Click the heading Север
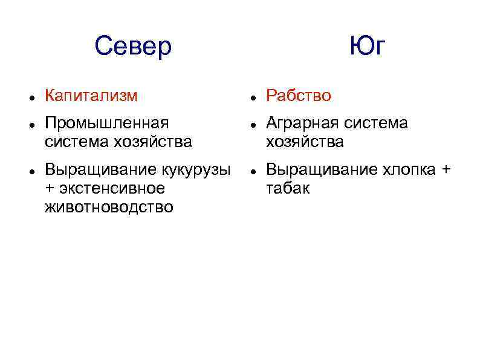tap(133, 47)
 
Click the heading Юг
tap(366, 47)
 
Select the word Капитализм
tap(91, 96)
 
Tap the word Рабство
tap(299, 96)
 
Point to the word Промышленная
tap(106, 123)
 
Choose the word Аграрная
tap(302, 123)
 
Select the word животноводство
tap(109, 208)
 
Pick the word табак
tap(288, 189)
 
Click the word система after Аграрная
tap(375, 123)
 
